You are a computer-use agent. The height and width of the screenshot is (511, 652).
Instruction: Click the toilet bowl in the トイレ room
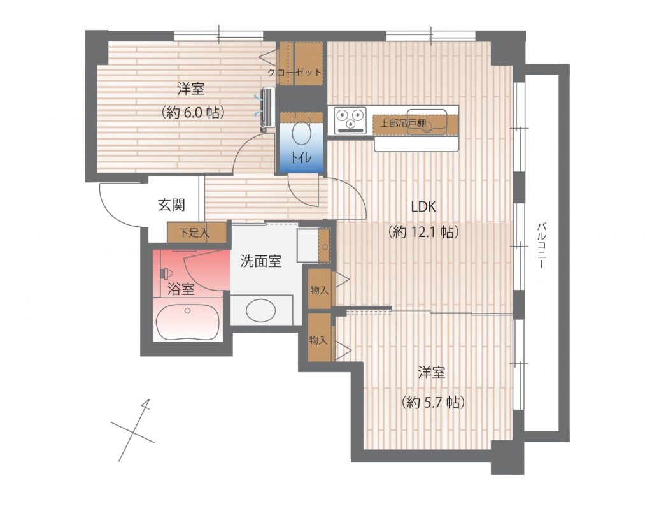(301, 133)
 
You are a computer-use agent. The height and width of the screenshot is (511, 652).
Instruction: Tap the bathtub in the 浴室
(188, 322)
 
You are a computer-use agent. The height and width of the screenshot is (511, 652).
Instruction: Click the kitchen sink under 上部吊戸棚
(427, 121)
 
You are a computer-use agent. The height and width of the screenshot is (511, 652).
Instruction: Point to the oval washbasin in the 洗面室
(260, 310)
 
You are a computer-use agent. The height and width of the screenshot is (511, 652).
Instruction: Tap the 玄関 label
(171, 205)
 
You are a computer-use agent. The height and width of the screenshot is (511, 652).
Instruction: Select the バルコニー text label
(541, 245)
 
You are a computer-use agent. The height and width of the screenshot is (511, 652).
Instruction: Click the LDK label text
(423, 206)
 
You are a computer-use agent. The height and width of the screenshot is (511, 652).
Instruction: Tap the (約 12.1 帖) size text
(423, 232)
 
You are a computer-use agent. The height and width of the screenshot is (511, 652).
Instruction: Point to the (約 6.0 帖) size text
(194, 112)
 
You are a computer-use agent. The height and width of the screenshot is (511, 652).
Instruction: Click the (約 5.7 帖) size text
(433, 403)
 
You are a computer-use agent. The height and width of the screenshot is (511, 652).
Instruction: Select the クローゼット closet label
(295, 73)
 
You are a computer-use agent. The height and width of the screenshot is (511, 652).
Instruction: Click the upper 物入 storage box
(320, 289)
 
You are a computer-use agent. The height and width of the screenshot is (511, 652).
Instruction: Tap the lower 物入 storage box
(319, 338)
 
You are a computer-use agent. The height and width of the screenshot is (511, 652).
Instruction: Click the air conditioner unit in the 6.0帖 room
(267, 107)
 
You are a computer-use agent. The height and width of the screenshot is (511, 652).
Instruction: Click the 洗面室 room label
(260, 261)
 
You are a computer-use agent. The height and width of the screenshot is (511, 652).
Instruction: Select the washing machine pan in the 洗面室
(308, 245)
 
